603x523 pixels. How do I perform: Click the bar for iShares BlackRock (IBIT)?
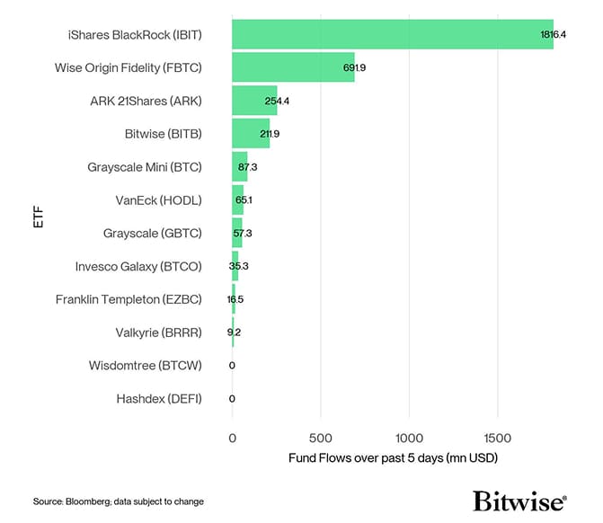point(392,34)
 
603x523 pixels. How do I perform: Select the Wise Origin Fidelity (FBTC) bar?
point(293,67)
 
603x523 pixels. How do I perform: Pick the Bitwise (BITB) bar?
point(250,134)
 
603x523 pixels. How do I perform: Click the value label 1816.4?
point(552,34)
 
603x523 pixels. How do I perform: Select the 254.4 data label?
point(277,101)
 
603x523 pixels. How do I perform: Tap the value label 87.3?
point(248,167)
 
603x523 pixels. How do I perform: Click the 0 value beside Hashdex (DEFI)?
point(232,399)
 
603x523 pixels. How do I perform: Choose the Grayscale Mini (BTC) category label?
point(145,167)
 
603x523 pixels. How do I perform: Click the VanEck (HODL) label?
point(159,199)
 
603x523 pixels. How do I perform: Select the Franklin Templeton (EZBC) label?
point(129,299)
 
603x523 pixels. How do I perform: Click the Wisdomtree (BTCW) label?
point(146,366)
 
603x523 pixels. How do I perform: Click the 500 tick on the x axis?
point(320,439)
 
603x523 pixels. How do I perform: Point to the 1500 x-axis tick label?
point(496,439)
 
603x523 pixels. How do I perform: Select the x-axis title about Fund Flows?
point(393,458)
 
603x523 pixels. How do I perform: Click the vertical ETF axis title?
point(39,217)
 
